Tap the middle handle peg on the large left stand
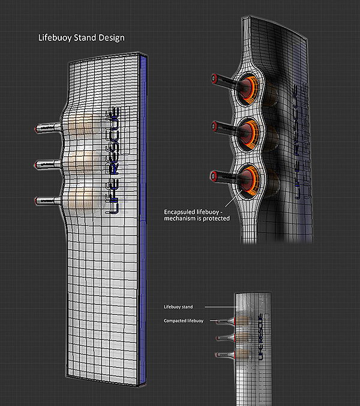pos(47,163)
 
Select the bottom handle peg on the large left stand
pos(47,199)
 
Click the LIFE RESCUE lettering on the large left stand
pos(113,161)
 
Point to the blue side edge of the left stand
pos(144,216)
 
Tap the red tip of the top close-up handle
pos(214,77)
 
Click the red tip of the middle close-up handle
pos(214,126)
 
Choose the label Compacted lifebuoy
pos(184,321)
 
